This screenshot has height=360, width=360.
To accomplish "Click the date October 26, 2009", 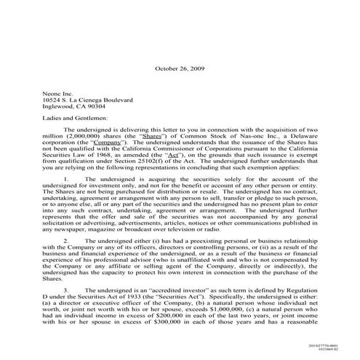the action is pos(180,68).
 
